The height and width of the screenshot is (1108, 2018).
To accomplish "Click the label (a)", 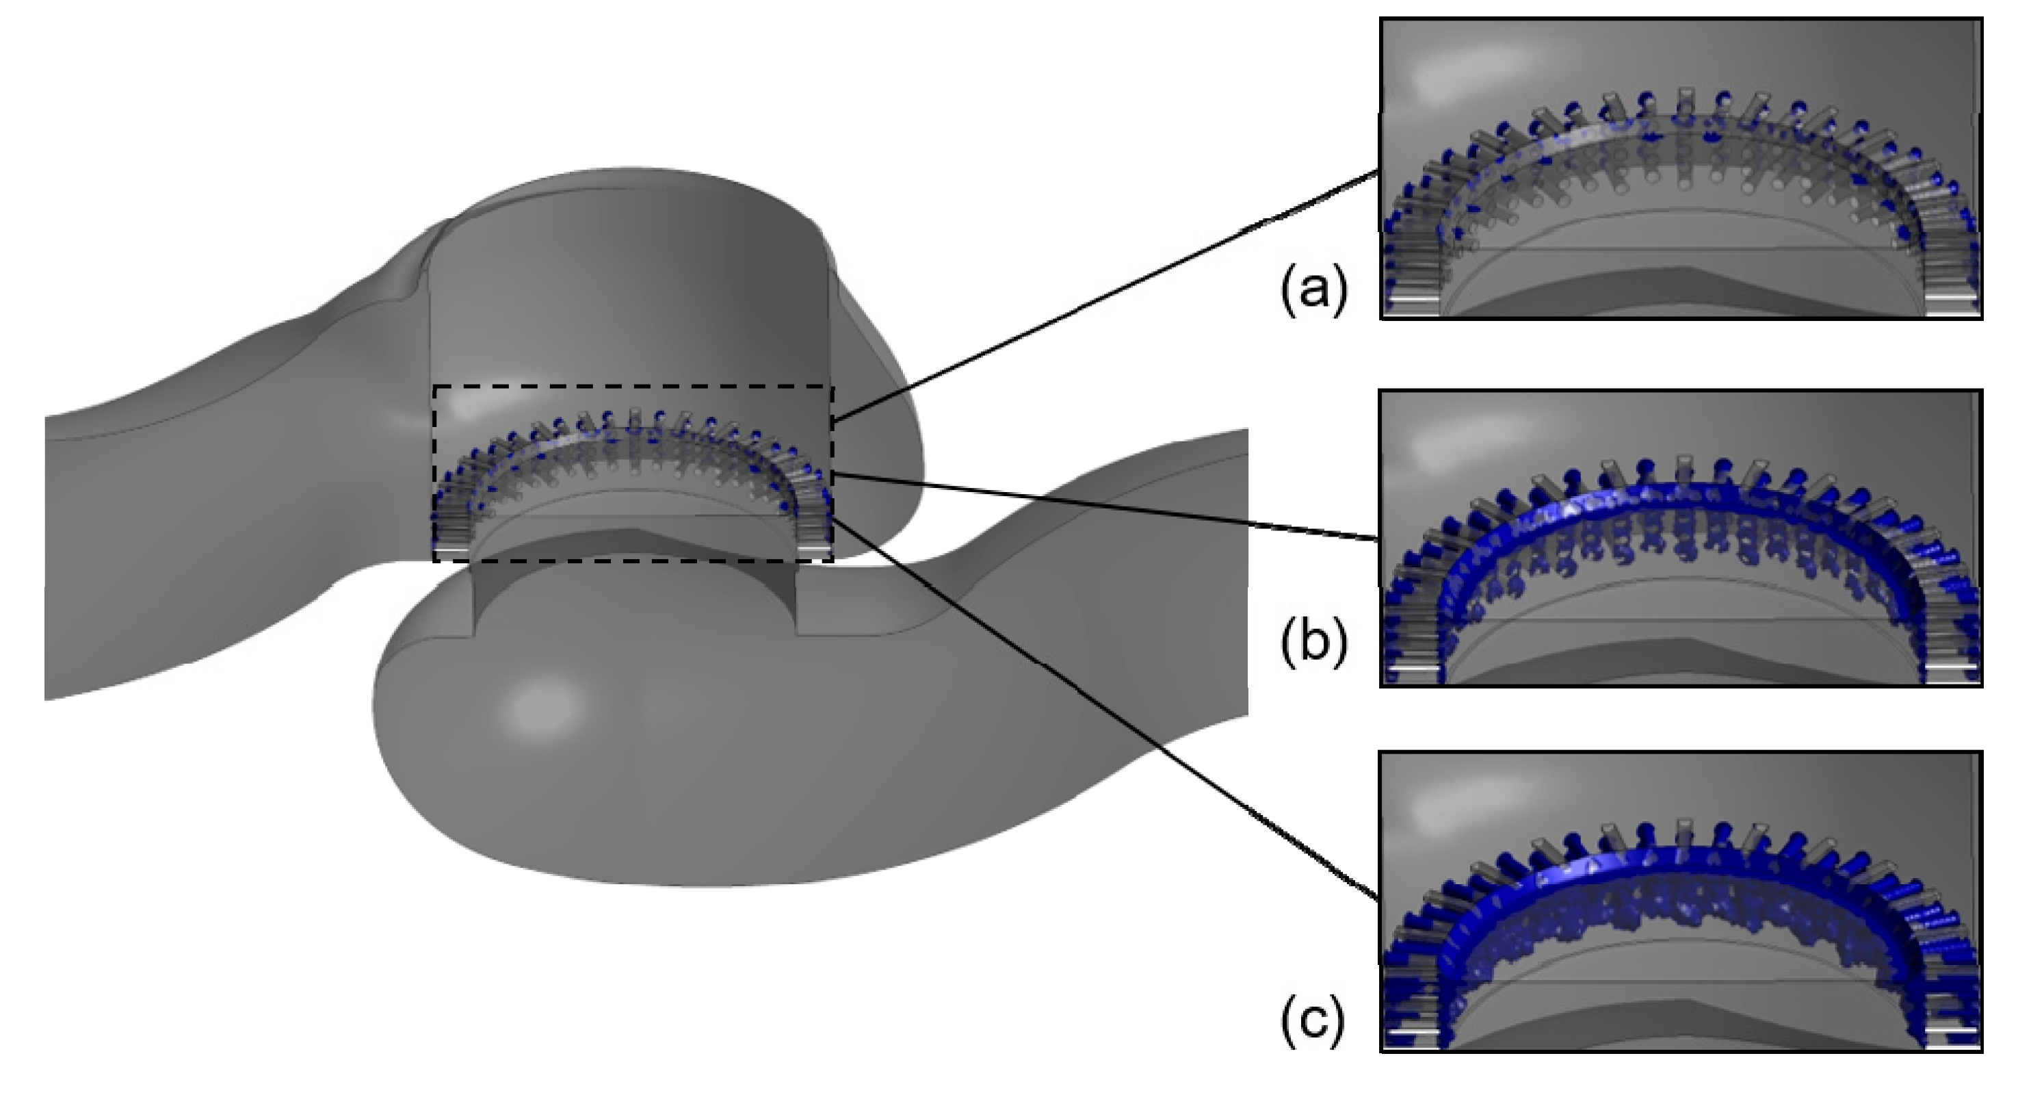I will pos(1313,290).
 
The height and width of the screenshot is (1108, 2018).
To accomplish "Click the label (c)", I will pos(1313,1018).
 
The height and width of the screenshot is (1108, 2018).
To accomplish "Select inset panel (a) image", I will pos(1680,168).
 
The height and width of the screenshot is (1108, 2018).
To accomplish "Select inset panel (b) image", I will pos(1680,537).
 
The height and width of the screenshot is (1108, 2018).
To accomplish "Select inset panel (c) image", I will pos(1680,901).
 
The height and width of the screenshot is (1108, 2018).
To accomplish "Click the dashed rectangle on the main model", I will pos(633,386).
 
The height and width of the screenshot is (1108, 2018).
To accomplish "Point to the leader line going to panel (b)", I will pos(1097,506).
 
